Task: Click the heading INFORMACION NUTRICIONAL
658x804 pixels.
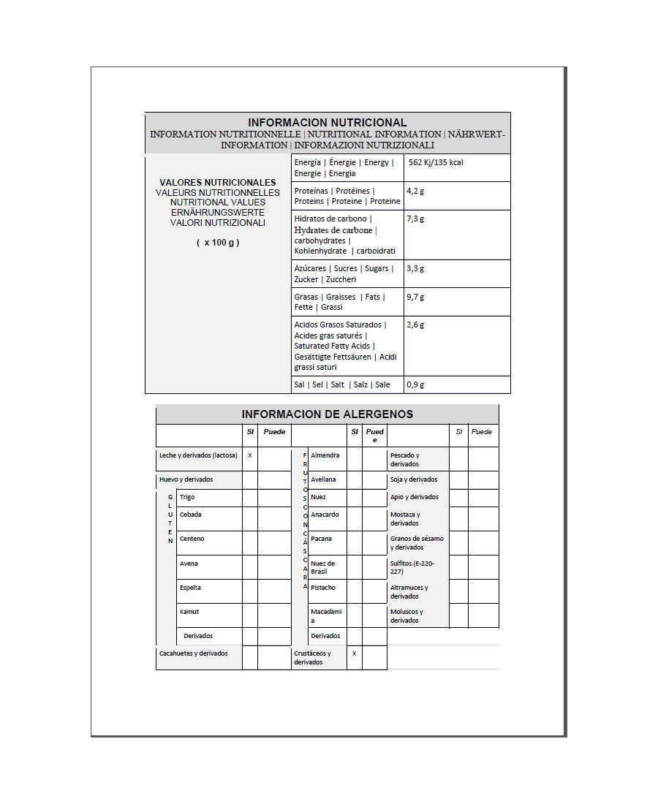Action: click(x=327, y=123)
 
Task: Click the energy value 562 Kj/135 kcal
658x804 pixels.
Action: click(x=436, y=162)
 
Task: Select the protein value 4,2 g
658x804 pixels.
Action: click(x=415, y=191)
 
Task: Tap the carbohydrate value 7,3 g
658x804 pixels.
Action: click(x=415, y=219)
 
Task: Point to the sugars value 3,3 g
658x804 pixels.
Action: click(x=415, y=268)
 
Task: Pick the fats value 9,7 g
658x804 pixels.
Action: click(x=415, y=297)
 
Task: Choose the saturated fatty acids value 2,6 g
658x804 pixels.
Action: click(x=415, y=325)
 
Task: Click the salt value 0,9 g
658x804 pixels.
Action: click(x=415, y=384)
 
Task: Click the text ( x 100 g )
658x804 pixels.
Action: click(x=218, y=243)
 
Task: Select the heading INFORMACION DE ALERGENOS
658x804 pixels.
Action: click(x=327, y=414)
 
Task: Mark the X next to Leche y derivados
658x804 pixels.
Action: click(x=250, y=455)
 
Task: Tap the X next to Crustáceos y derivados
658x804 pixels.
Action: click(x=354, y=653)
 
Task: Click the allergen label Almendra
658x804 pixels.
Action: click(x=325, y=455)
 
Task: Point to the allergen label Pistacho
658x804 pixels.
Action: click(x=323, y=588)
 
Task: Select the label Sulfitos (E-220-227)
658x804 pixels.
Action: click(x=412, y=568)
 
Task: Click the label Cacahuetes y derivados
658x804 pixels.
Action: click(x=194, y=653)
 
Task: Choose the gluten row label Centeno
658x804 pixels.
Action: click(x=192, y=539)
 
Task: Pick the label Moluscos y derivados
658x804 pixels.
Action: click(x=406, y=616)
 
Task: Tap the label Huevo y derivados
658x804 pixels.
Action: click(x=186, y=479)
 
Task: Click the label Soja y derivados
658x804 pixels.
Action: click(x=414, y=479)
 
